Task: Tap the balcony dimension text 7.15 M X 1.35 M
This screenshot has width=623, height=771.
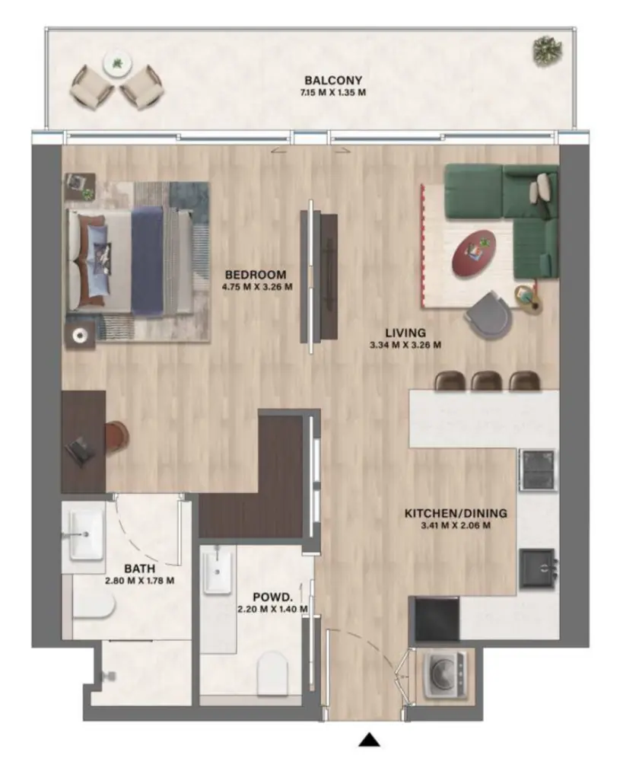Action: point(332,94)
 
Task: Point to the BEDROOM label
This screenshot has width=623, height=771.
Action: point(256,275)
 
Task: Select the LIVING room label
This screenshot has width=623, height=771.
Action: point(405,333)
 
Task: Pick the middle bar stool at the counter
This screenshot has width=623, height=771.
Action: point(485,381)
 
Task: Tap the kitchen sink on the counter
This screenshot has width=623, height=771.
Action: point(539,568)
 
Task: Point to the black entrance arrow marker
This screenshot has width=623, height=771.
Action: point(370,739)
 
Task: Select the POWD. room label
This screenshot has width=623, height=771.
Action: point(272,597)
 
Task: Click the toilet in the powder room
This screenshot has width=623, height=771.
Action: point(275,674)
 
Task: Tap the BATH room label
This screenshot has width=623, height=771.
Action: point(142,568)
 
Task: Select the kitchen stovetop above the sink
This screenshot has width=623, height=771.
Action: point(538,470)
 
